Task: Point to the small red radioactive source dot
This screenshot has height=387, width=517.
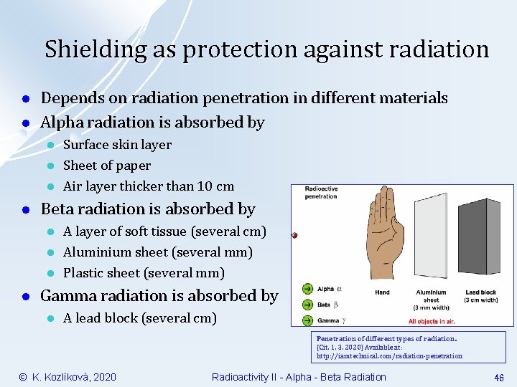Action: click(294, 234)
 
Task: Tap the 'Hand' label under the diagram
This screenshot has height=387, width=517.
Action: click(382, 292)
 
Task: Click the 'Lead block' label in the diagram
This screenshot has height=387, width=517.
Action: click(481, 292)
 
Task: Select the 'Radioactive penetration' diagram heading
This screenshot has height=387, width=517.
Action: click(321, 193)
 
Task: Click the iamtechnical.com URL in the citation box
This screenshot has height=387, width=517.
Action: click(389, 355)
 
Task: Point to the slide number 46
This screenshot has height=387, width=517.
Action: click(498, 377)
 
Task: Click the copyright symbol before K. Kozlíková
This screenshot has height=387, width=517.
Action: click(22, 377)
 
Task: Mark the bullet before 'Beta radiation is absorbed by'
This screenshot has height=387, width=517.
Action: click(25, 210)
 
